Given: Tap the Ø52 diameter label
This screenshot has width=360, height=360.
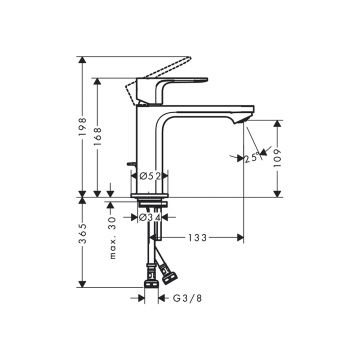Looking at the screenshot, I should click(x=150, y=176).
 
